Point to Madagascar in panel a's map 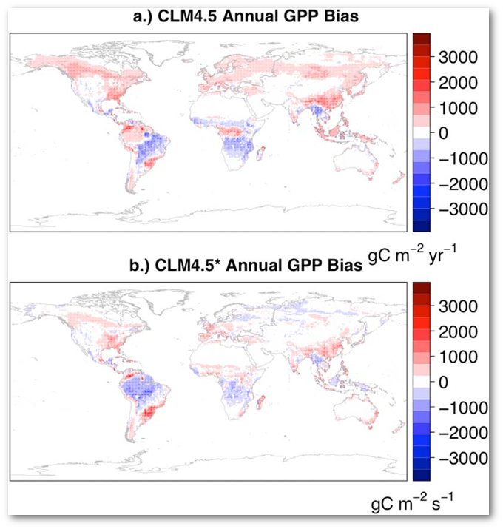point(261,154)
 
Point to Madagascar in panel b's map point(261,403)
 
